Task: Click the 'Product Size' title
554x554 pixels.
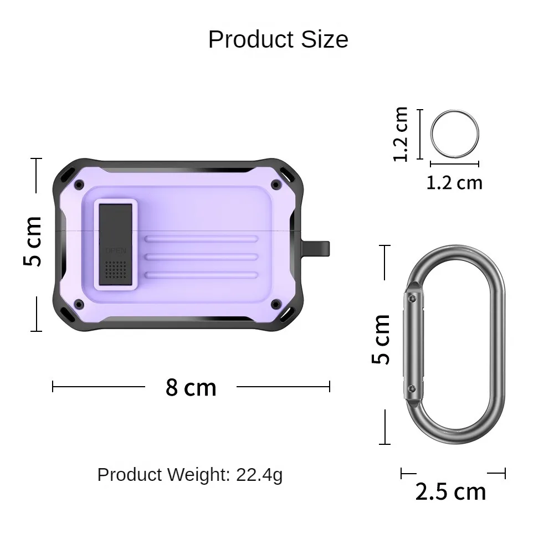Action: (x=278, y=39)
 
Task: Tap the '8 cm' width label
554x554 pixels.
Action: (x=191, y=387)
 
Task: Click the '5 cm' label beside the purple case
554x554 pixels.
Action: (x=33, y=241)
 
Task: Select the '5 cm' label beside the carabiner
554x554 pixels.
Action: (x=381, y=339)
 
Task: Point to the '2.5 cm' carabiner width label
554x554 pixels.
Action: (x=451, y=491)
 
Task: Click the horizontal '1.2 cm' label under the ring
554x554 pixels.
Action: (x=454, y=183)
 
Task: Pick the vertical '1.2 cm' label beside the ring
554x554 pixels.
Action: (x=401, y=134)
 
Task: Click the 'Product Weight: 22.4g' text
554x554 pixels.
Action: (x=190, y=475)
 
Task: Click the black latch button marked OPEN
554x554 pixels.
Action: (x=116, y=244)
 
